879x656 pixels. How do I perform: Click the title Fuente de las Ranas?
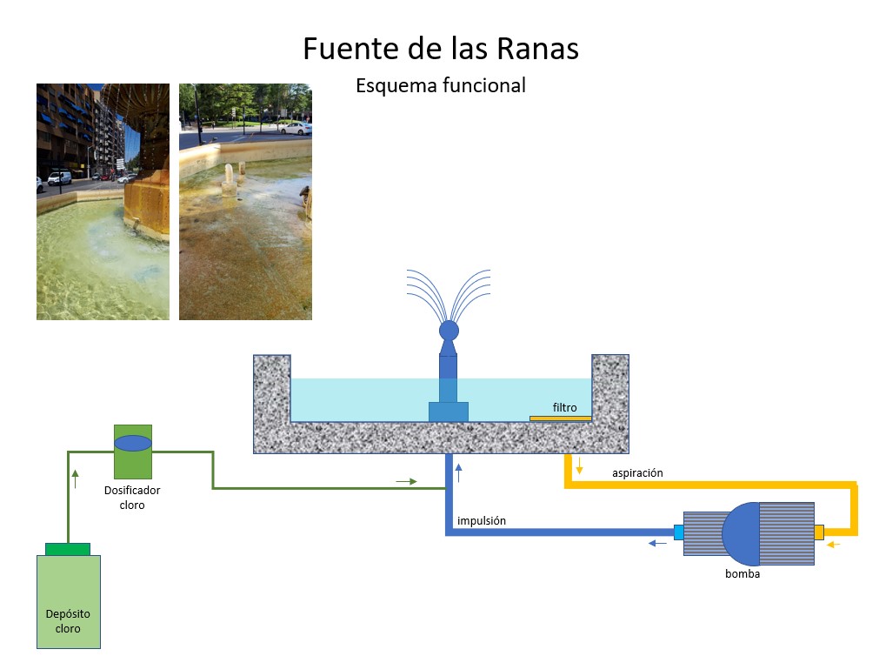[x=440, y=49]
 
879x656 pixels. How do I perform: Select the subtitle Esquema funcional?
[x=440, y=85]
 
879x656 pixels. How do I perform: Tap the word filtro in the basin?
[x=564, y=407]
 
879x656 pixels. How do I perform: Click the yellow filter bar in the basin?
[x=560, y=418]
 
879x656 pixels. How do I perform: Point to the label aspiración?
[x=637, y=473]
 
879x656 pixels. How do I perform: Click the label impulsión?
[x=482, y=521]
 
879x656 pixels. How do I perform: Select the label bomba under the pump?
[x=742, y=573]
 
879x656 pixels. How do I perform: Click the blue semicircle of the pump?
[x=740, y=532]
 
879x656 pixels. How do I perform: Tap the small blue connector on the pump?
[x=679, y=532]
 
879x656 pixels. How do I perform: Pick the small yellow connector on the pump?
[x=818, y=532]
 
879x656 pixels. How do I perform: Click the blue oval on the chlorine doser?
[x=132, y=443]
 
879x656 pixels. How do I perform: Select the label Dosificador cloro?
[x=132, y=498]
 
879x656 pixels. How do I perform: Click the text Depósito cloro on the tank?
[x=68, y=621]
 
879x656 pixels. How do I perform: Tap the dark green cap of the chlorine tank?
[x=68, y=548]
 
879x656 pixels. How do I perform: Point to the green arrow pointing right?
[x=405, y=479]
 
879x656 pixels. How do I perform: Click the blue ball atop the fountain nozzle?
[x=449, y=330]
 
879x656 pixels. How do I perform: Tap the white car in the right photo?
[x=296, y=129]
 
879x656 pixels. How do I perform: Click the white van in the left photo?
[x=59, y=178]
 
